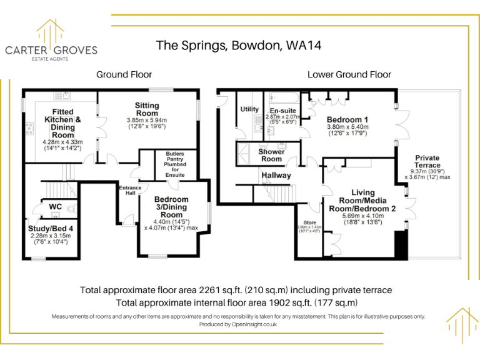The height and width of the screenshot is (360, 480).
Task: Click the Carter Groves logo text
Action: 51,51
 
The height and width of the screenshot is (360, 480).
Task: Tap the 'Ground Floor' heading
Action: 124,74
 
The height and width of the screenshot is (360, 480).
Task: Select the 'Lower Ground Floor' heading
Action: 349,74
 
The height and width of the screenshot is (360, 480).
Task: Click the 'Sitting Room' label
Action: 147,109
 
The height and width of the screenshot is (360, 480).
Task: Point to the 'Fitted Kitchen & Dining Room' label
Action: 62,123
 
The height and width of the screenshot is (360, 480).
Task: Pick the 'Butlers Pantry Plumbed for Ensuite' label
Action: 175,164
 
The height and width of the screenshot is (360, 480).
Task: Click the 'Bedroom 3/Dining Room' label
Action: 171,207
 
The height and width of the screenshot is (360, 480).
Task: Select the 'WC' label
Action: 54,207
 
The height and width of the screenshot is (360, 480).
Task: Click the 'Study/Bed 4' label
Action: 51,229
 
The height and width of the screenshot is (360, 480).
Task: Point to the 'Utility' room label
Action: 249,109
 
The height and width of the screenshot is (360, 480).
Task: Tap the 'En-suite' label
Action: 282,111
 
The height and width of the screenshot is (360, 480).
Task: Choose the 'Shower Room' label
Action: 271,155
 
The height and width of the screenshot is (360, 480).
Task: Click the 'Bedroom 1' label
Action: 347,119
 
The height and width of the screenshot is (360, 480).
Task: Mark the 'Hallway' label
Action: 276,175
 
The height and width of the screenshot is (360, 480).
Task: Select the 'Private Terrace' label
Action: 427,161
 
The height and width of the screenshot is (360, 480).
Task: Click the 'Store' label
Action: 311,222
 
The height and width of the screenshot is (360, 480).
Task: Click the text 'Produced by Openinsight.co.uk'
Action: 238,324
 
